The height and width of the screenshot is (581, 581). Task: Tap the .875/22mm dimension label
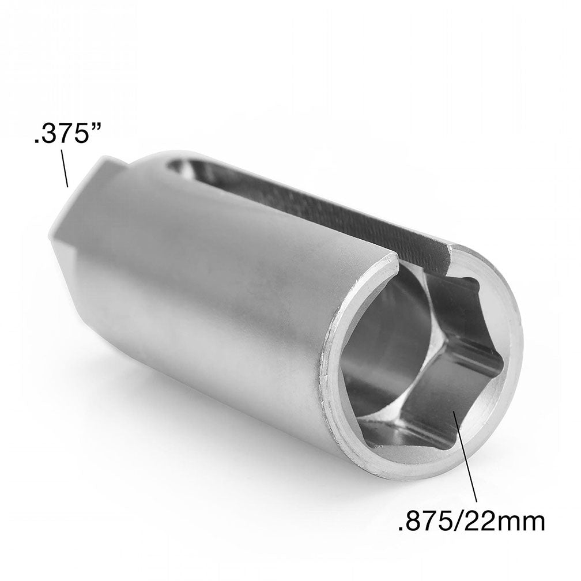coord(471,521)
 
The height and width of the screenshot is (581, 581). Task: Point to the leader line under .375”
coord(65,168)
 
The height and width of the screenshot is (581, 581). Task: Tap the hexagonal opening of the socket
coord(426,356)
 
